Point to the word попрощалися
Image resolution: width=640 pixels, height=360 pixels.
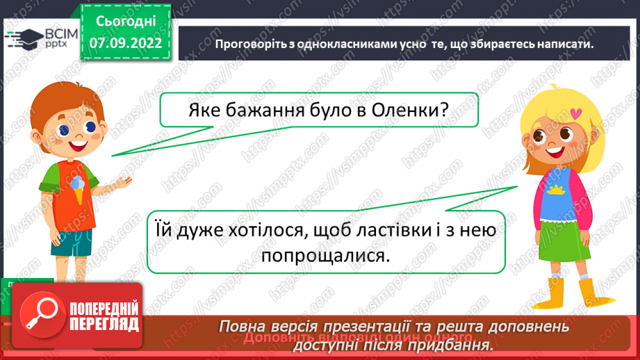324,256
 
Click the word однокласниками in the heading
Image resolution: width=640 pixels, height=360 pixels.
324,44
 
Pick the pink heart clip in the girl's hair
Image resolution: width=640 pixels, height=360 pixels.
574,112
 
